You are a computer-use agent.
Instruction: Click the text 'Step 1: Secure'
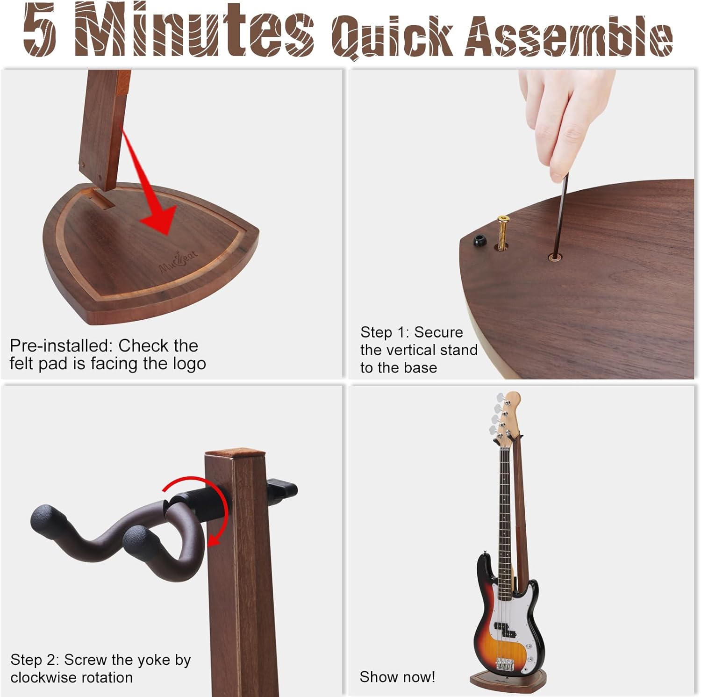(411, 332)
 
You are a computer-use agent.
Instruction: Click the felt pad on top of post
(235, 453)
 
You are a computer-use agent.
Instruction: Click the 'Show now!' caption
(397, 677)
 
